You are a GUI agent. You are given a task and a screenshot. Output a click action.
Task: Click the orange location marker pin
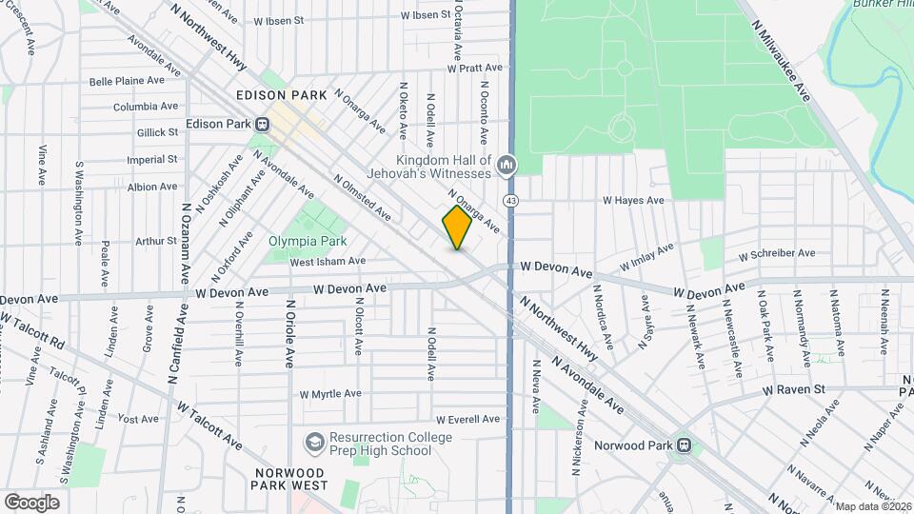coord(458,228)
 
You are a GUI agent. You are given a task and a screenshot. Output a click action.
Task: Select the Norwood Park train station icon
coord(683,445)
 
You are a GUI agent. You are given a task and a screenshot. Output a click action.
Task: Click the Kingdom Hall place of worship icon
coord(507,167)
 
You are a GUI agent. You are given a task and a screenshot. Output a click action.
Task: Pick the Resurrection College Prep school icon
coord(314,443)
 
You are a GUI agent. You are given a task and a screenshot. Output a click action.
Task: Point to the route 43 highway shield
coord(512,201)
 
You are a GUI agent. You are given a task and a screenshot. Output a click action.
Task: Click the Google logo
coord(31,502)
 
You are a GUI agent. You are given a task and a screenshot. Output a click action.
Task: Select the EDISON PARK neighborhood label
coord(282,95)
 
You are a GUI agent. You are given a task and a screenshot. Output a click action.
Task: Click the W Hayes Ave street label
coord(632,201)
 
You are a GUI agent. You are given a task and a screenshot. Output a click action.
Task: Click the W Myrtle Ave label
coord(330,393)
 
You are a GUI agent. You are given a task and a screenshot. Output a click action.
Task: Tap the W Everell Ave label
coord(467,419)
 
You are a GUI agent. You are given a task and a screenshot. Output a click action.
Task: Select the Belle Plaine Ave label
coord(128,82)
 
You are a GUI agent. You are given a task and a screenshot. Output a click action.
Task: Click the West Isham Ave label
coord(328,261)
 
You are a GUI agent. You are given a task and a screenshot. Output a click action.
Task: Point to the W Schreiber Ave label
coord(777,253)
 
